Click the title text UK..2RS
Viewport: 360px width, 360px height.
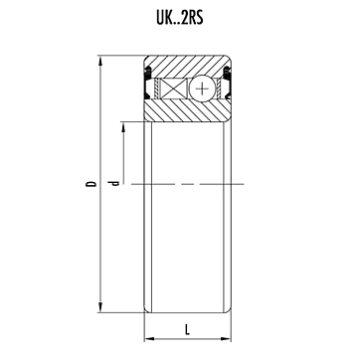(x=180, y=18)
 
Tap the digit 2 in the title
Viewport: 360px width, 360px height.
(x=185, y=18)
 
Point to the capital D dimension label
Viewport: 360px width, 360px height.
(x=90, y=184)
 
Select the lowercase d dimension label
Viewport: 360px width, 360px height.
(x=114, y=183)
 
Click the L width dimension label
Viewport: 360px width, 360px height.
(x=187, y=330)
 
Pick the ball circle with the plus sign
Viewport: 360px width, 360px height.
(x=202, y=89)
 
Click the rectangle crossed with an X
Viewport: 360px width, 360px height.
(x=174, y=89)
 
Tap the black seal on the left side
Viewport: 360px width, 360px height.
(x=148, y=83)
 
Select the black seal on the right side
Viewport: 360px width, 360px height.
(x=227, y=83)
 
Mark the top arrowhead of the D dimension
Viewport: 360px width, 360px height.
(x=100, y=60)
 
